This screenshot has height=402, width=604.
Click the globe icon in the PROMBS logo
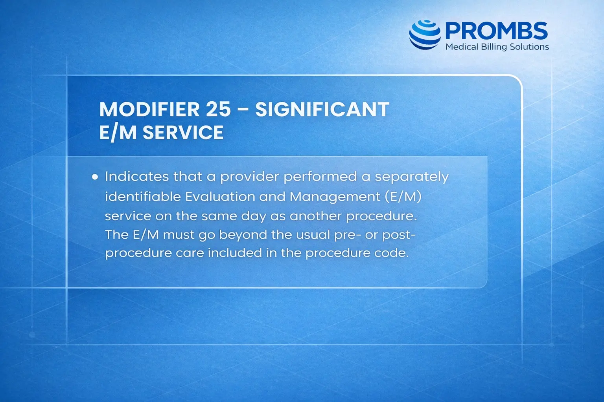pos(425,34)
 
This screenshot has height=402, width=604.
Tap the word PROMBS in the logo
pos(496,31)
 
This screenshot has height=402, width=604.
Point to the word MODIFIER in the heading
pos(149,109)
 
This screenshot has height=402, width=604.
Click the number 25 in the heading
pos(218,109)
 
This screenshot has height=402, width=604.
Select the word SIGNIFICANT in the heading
pos(322,109)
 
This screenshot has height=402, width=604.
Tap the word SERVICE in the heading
pos(183,133)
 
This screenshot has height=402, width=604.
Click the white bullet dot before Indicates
pos(95,177)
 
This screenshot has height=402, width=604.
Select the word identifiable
pos(142,196)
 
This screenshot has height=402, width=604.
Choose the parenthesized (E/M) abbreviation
pos(404,196)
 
